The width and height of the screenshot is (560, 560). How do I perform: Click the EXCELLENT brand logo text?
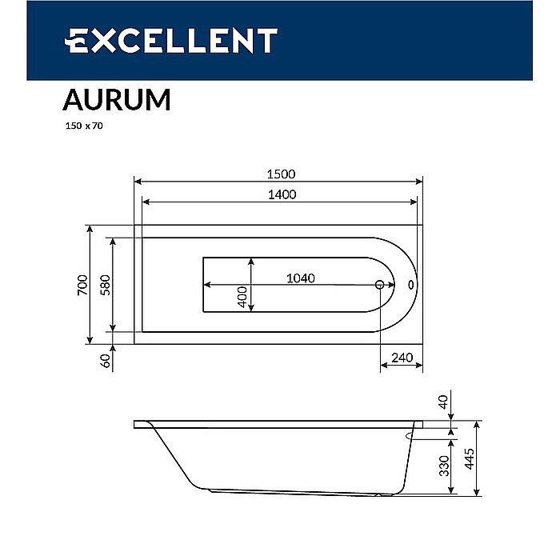[x=171, y=40]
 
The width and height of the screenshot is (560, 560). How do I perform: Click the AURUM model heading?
[x=116, y=100]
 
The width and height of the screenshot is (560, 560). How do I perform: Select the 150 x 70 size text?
[x=83, y=126]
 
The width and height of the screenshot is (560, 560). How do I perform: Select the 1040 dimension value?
[x=301, y=278]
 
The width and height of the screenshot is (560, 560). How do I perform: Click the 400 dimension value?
[x=242, y=298]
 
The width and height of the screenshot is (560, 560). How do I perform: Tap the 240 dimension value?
[x=402, y=358]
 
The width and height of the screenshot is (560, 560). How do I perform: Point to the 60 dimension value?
[x=104, y=362]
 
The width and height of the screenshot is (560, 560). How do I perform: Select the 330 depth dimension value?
[x=444, y=466]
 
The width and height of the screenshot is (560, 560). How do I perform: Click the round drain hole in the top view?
[x=380, y=285]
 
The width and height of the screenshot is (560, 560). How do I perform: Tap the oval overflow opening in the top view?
[x=410, y=285]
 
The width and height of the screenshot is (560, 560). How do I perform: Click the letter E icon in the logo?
[x=78, y=40]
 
